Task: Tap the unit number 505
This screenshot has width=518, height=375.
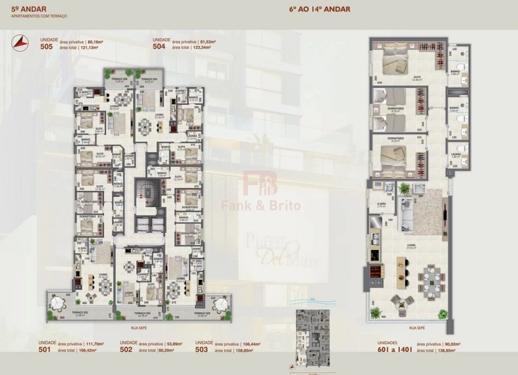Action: (x=47, y=47)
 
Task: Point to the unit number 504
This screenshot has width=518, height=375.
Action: (x=159, y=47)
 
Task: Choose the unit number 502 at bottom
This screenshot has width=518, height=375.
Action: (x=126, y=350)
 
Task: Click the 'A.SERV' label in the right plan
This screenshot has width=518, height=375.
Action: (x=382, y=207)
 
